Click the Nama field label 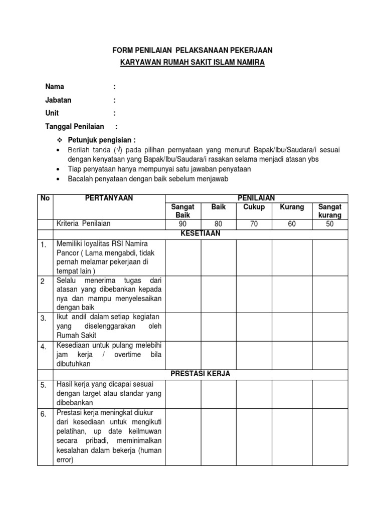point(55,87)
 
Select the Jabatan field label point(58,100)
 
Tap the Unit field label point(52,113)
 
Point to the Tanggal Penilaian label point(75,127)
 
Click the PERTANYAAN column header point(109,198)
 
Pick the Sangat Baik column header point(182,210)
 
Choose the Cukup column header point(254,206)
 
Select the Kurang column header point(292,206)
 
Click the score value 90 point(182,224)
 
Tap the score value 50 point(329,224)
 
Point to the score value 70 point(254,224)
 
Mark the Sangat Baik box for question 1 point(182,257)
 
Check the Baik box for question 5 point(219,393)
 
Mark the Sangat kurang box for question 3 point(329,327)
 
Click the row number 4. point(44,347)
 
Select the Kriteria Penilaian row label point(83,224)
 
